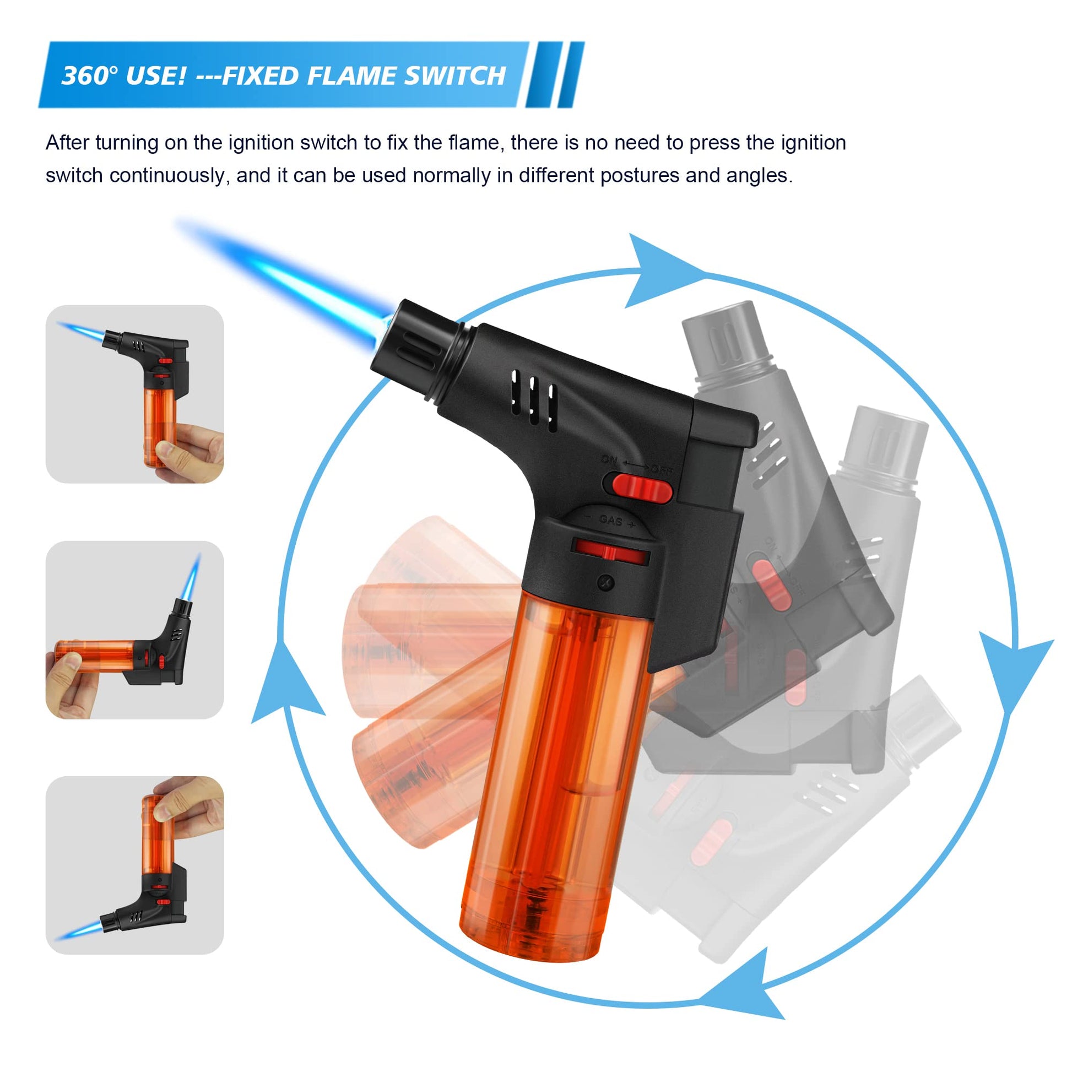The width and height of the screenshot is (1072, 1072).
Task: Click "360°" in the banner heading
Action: pos(89,75)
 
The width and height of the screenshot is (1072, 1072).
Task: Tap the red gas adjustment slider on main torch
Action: pos(609,552)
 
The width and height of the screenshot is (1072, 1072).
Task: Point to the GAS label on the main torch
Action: pos(610,521)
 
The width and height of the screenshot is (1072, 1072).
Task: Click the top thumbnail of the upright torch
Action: pos(135,394)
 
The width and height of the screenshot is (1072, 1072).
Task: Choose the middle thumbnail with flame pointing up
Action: pos(135,630)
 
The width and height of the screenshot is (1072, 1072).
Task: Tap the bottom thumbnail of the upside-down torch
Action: pos(135,865)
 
